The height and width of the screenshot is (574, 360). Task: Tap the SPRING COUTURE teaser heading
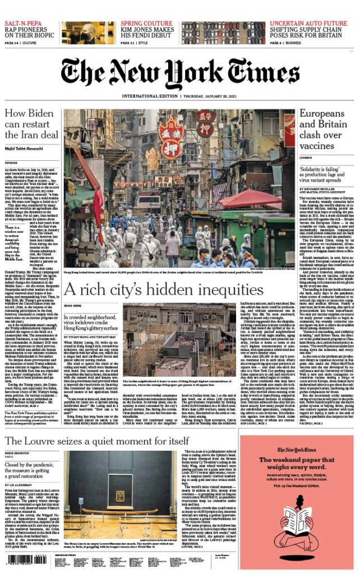click(x=147, y=23)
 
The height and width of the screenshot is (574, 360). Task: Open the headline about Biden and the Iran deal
click(x=31, y=124)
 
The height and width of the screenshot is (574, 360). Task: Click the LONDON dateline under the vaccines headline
click(x=306, y=159)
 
